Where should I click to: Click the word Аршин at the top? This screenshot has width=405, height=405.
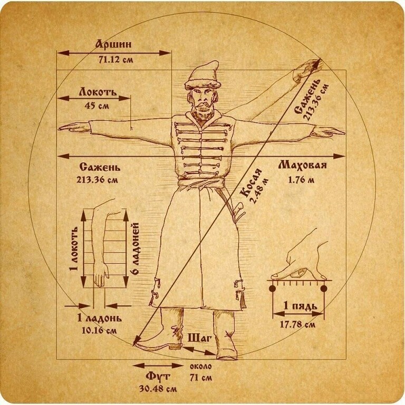113,44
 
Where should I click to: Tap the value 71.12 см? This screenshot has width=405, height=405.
115,60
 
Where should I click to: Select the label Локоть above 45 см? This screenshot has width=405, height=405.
98,92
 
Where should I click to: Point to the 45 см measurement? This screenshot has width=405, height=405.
97,105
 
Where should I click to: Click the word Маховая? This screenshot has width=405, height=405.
303,165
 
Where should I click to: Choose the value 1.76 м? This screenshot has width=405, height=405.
301,179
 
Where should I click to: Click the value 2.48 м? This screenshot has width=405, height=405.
260,191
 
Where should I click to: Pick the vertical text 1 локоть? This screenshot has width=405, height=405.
74,249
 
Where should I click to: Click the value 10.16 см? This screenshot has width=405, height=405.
99,330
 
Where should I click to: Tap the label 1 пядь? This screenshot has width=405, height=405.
300,306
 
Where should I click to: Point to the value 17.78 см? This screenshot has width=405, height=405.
298,324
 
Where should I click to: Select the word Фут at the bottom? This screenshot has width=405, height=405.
158,376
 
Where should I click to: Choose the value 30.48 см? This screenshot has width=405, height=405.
158,389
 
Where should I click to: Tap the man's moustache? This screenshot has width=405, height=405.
204,104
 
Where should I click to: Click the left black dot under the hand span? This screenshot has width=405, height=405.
272,288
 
